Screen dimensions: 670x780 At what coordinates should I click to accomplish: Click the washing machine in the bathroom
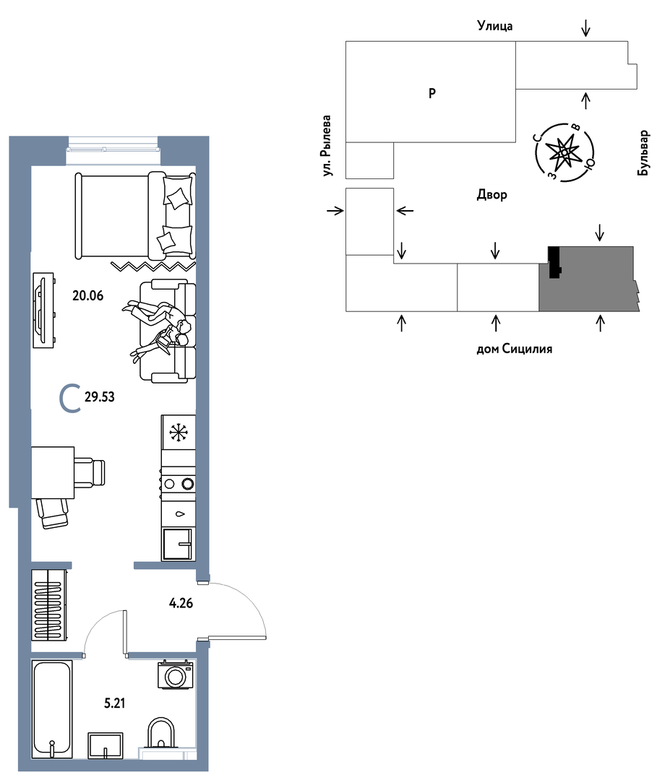pyautogui.click(x=175, y=675)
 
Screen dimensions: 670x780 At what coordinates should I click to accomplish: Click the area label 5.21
pyautogui.click(x=114, y=703)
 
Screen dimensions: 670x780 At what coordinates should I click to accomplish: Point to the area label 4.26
pyautogui.click(x=181, y=603)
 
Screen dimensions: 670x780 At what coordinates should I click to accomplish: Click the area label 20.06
pyautogui.click(x=88, y=295)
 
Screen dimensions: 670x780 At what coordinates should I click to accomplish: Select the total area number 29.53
pyautogui.click(x=100, y=397)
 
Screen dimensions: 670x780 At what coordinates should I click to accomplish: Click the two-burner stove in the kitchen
pyautogui.click(x=178, y=483)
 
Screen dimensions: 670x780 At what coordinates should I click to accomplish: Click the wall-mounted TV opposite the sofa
pyautogui.click(x=43, y=310)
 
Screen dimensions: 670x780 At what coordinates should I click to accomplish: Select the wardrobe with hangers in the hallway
pyautogui.click(x=48, y=605)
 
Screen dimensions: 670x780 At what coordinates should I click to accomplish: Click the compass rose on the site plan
pyautogui.click(x=564, y=152)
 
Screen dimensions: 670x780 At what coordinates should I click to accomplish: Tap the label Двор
pyautogui.click(x=491, y=194)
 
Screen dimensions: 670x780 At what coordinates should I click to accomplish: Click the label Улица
pyautogui.click(x=495, y=25)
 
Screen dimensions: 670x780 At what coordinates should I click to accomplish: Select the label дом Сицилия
pyautogui.click(x=514, y=349)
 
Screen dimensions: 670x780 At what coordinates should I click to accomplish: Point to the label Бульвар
pyautogui.click(x=643, y=152)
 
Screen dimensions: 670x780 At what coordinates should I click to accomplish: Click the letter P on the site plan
pyautogui.click(x=432, y=92)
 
